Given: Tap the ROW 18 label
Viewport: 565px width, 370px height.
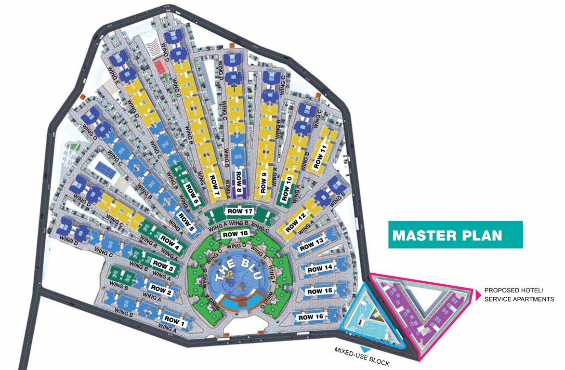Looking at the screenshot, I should coord(236,234).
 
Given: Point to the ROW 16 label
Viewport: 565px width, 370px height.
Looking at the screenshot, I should coord(310,317).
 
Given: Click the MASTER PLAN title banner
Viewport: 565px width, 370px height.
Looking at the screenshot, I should coord(455,235).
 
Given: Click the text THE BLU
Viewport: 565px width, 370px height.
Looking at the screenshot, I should coord(232,271).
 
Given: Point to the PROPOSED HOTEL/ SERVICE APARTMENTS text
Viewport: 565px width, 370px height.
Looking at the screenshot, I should coord(519,295).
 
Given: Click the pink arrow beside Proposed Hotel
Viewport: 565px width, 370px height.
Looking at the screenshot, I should coord(478,295).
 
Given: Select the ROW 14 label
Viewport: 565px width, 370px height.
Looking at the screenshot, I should coord(320,268).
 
